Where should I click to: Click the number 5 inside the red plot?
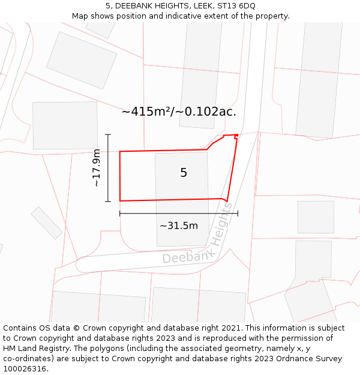pos(184,173)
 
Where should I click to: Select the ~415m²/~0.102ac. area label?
pos(179,112)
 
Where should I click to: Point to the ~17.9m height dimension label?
pos(97,168)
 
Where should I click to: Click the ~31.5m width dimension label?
pos(179,226)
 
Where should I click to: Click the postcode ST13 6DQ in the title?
pos(235,6)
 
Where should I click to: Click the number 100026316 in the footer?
pos(23,369)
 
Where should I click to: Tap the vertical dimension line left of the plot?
pos(108,168)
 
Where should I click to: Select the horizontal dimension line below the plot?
pos(179,213)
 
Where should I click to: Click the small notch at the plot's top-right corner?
pos(236,137)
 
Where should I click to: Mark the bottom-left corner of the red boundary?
pos(121,200)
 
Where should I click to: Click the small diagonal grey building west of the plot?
pos(47,223)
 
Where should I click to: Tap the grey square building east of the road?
pos(316,217)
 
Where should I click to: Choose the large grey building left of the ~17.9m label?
pos(65,125)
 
